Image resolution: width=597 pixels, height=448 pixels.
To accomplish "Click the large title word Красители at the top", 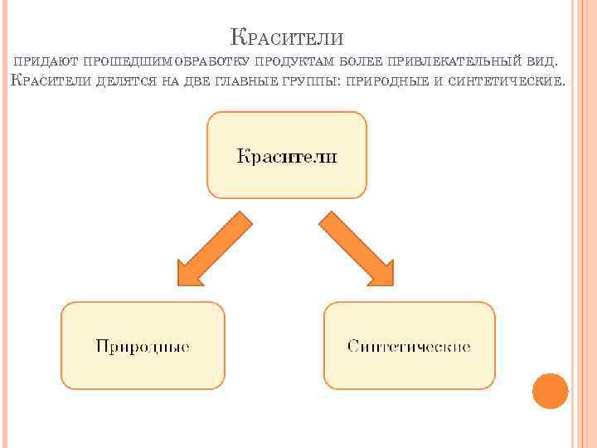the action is click(x=286, y=37).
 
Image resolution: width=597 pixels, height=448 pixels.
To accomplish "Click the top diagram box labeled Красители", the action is click(x=286, y=155).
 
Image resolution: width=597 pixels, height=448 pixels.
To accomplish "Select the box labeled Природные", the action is click(x=143, y=345).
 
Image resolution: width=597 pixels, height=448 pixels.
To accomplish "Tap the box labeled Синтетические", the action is click(x=409, y=345).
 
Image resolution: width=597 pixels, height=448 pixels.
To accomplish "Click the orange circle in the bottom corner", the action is click(x=550, y=391).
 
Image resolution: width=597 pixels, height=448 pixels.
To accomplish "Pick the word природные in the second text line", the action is click(x=387, y=82).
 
